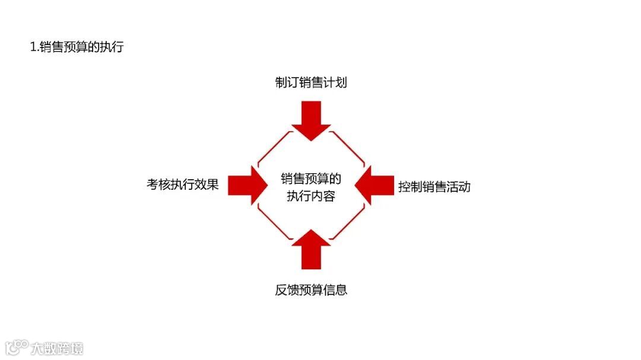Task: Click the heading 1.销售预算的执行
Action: point(77,47)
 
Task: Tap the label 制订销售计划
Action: point(311,83)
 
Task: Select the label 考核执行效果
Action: point(183,184)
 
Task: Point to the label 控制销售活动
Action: point(434,187)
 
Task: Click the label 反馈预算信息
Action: point(311,290)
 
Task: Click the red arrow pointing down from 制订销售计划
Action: point(311,120)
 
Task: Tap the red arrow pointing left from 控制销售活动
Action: point(375,186)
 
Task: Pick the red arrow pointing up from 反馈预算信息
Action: point(311,249)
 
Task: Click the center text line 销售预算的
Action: point(311,179)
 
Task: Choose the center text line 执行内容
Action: point(311,196)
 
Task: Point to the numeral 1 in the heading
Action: point(33,47)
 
